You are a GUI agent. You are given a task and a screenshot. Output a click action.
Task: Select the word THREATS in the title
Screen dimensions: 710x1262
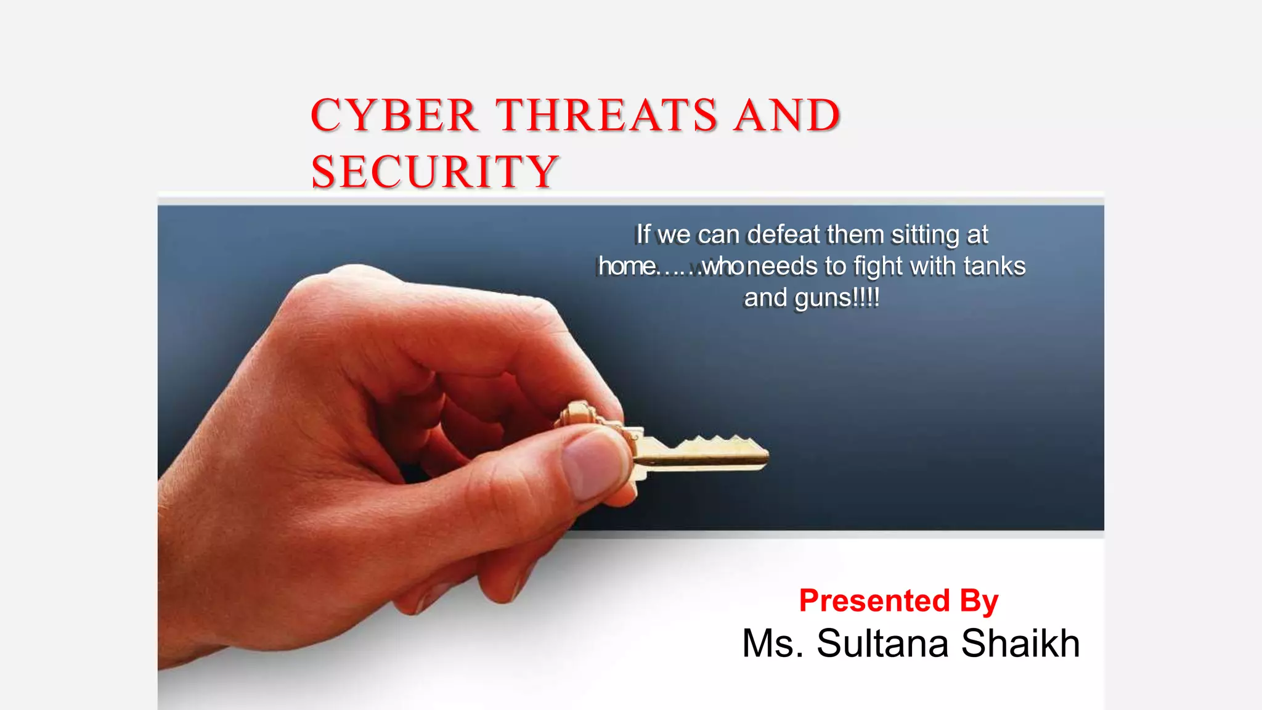coord(607,115)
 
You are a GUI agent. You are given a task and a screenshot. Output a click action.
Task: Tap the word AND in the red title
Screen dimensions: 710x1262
coord(787,115)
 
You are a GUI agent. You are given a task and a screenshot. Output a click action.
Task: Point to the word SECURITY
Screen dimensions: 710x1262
coord(434,171)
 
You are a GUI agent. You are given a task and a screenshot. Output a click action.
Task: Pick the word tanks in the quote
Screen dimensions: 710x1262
coord(995,266)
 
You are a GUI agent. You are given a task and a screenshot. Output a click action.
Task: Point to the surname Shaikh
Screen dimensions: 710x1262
coord(1020,643)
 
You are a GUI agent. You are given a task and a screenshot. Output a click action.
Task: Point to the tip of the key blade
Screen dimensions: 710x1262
coord(765,457)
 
